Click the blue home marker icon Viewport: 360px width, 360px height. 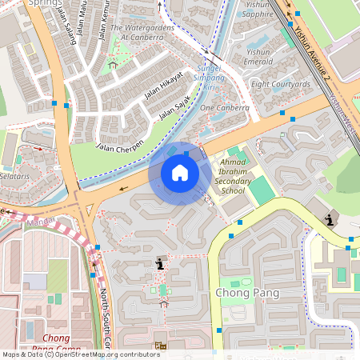point(180,173)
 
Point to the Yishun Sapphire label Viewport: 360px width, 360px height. point(257,9)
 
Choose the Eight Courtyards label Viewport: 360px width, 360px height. point(280,84)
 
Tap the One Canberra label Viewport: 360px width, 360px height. point(225,107)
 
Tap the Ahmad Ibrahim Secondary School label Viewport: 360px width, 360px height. point(221,176)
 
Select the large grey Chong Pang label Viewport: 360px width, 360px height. point(247,293)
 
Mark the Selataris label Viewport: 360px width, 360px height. point(14,174)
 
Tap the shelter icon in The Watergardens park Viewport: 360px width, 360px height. point(113,64)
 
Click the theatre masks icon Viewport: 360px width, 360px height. point(161,345)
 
